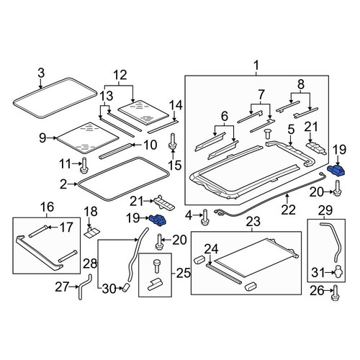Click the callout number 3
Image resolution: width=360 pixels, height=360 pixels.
pos(41,73)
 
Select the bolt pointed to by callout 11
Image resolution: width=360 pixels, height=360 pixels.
pos(84,165)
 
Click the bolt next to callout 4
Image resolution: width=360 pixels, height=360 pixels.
pos(205,217)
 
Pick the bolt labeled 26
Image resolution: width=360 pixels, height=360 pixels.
pos(336,292)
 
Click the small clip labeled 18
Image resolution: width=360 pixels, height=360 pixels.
pos(91,232)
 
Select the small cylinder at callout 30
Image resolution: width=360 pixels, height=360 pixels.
pos(126,287)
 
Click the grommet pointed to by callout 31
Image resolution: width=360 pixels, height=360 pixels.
pos(338,271)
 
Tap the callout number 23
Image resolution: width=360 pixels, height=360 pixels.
pos(253,221)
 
